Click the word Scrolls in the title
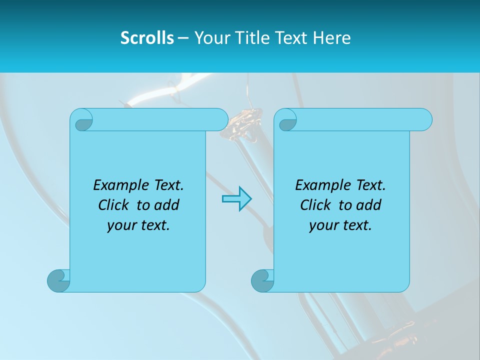point(147,38)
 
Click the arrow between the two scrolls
point(236,199)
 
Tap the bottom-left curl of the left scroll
point(58,280)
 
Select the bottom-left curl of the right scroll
point(262,280)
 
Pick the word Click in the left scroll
point(114,205)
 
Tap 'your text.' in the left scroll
point(138,225)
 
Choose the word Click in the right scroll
point(316,205)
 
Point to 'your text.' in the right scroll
point(340,225)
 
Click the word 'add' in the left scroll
point(167,205)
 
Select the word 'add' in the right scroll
point(369,205)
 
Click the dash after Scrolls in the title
point(183,38)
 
